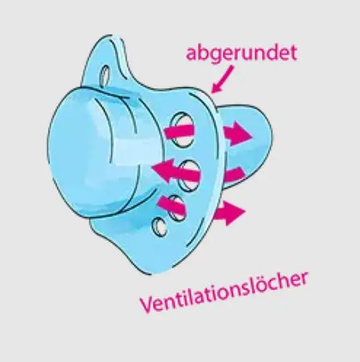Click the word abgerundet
pos(241,53)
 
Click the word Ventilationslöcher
pos(223,293)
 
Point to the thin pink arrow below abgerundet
pos(222,79)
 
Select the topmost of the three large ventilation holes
pos(182,129)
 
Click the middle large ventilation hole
pos(189,175)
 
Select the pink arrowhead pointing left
pos(161,170)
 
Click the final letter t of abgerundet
pos(293,53)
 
